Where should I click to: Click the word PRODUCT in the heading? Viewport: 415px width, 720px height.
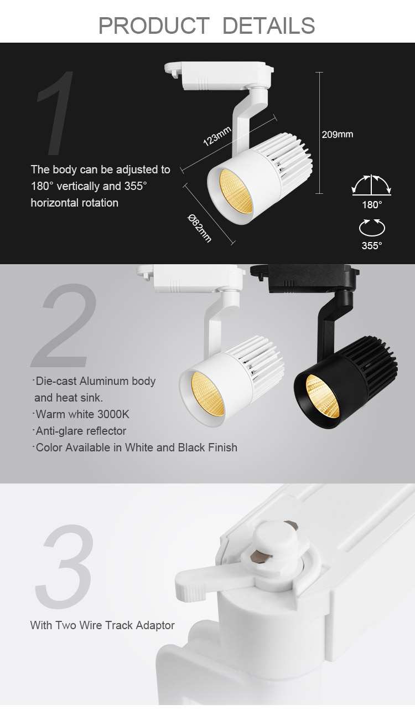click(154, 25)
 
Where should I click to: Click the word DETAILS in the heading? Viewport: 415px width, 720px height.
click(268, 25)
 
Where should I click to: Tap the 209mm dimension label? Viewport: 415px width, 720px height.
click(338, 135)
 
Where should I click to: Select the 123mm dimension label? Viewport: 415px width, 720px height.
click(217, 136)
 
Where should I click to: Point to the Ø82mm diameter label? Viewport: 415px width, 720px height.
click(199, 228)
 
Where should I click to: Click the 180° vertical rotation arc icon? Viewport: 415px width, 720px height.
click(372, 185)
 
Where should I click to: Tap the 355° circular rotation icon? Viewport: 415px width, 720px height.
click(372, 228)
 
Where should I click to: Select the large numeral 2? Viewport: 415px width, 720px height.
click(64, 325)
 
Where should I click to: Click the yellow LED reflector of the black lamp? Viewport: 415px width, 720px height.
click(323, 397)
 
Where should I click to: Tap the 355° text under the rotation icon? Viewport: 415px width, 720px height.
click(372, 246)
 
